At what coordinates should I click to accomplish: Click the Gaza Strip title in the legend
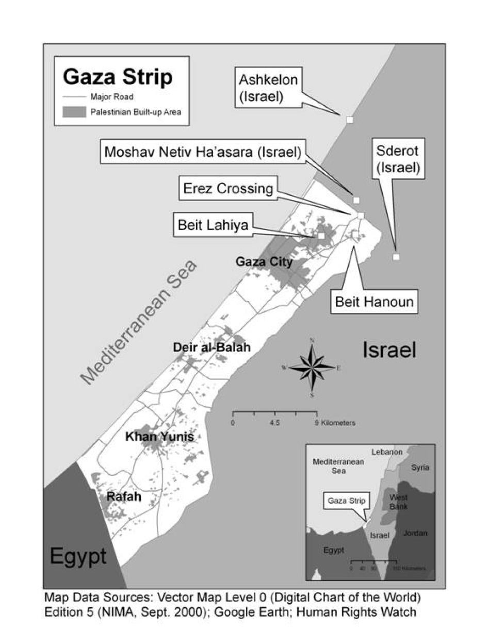118,77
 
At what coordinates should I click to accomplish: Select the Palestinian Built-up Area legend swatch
74,112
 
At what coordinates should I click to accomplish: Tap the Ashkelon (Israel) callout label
268,88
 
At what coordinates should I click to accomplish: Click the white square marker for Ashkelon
350,120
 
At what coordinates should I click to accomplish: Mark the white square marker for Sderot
396,257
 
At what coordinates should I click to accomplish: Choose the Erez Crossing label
228,189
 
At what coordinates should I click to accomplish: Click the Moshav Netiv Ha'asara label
203,152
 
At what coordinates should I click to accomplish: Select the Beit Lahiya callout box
213,225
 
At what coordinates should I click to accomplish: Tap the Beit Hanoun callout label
374,301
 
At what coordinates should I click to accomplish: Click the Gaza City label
264,262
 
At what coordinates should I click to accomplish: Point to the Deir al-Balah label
212,347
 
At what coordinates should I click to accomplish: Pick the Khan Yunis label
160,437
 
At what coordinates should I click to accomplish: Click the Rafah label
124,497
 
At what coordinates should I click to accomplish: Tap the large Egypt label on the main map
78,556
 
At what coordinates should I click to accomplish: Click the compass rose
312,367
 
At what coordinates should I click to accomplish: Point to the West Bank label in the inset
398,502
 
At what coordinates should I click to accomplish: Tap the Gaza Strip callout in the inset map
345,500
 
